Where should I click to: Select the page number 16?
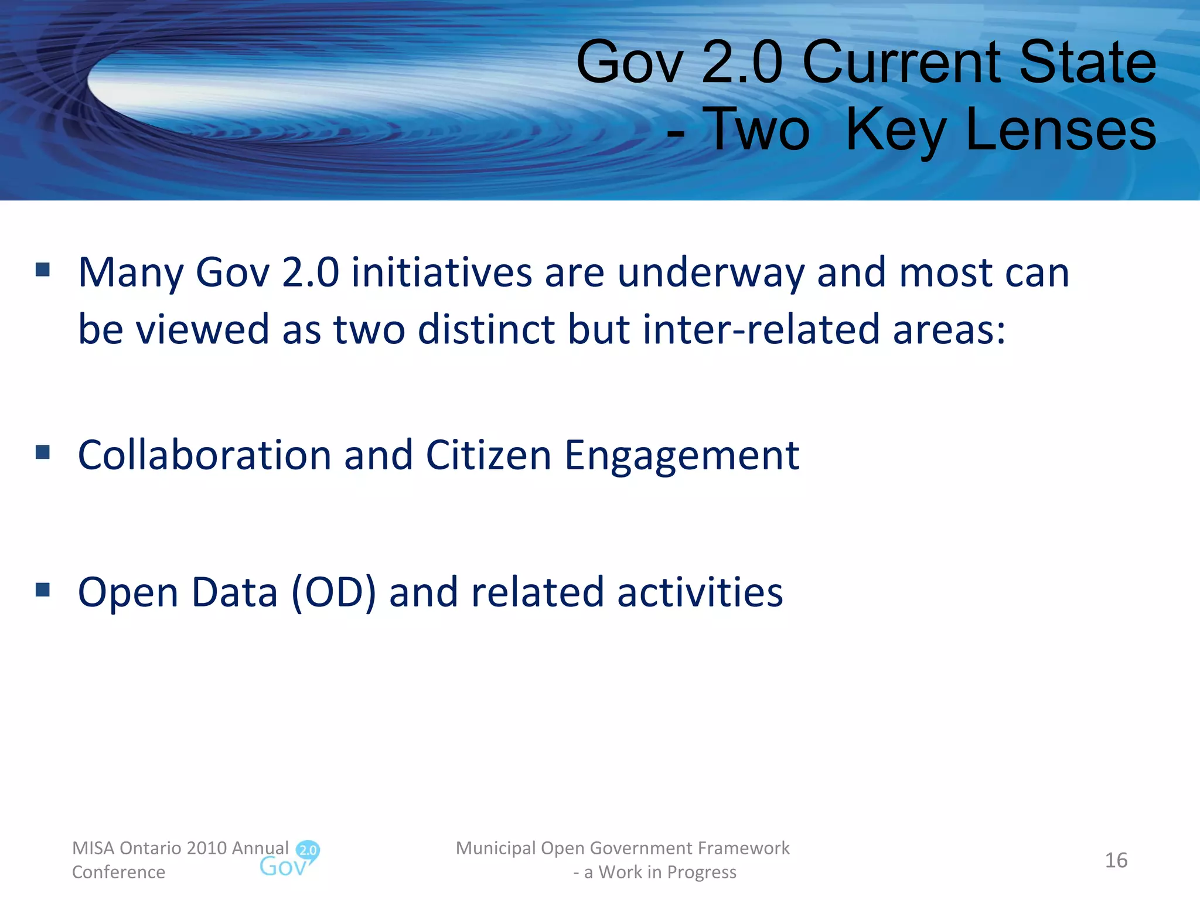(1116, 860)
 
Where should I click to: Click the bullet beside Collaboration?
(43, 452)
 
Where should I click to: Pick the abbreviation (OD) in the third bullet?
(333, 592)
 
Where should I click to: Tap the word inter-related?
(761, 329)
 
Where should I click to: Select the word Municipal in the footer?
(496, 848)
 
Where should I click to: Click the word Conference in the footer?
(118, 872)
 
